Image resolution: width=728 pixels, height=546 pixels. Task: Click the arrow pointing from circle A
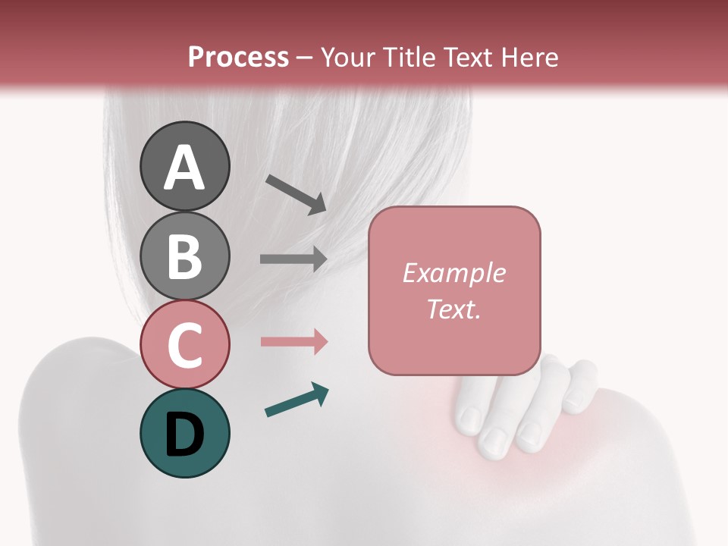[296, 194]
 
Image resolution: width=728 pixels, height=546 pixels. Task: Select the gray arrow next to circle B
[293, 259]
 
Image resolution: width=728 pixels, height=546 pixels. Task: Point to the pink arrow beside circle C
[293, 341]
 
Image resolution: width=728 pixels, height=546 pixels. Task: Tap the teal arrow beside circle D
[297, 400]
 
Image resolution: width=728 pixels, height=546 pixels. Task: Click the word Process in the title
[238, 57]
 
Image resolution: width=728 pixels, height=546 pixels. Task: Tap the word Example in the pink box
[453, 273]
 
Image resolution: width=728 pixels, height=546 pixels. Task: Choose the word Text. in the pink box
[453, 309]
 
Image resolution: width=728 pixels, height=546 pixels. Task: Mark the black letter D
[184, 435]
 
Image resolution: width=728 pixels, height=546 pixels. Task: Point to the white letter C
[184, 345]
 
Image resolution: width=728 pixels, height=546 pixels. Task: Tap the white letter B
[184, 256]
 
